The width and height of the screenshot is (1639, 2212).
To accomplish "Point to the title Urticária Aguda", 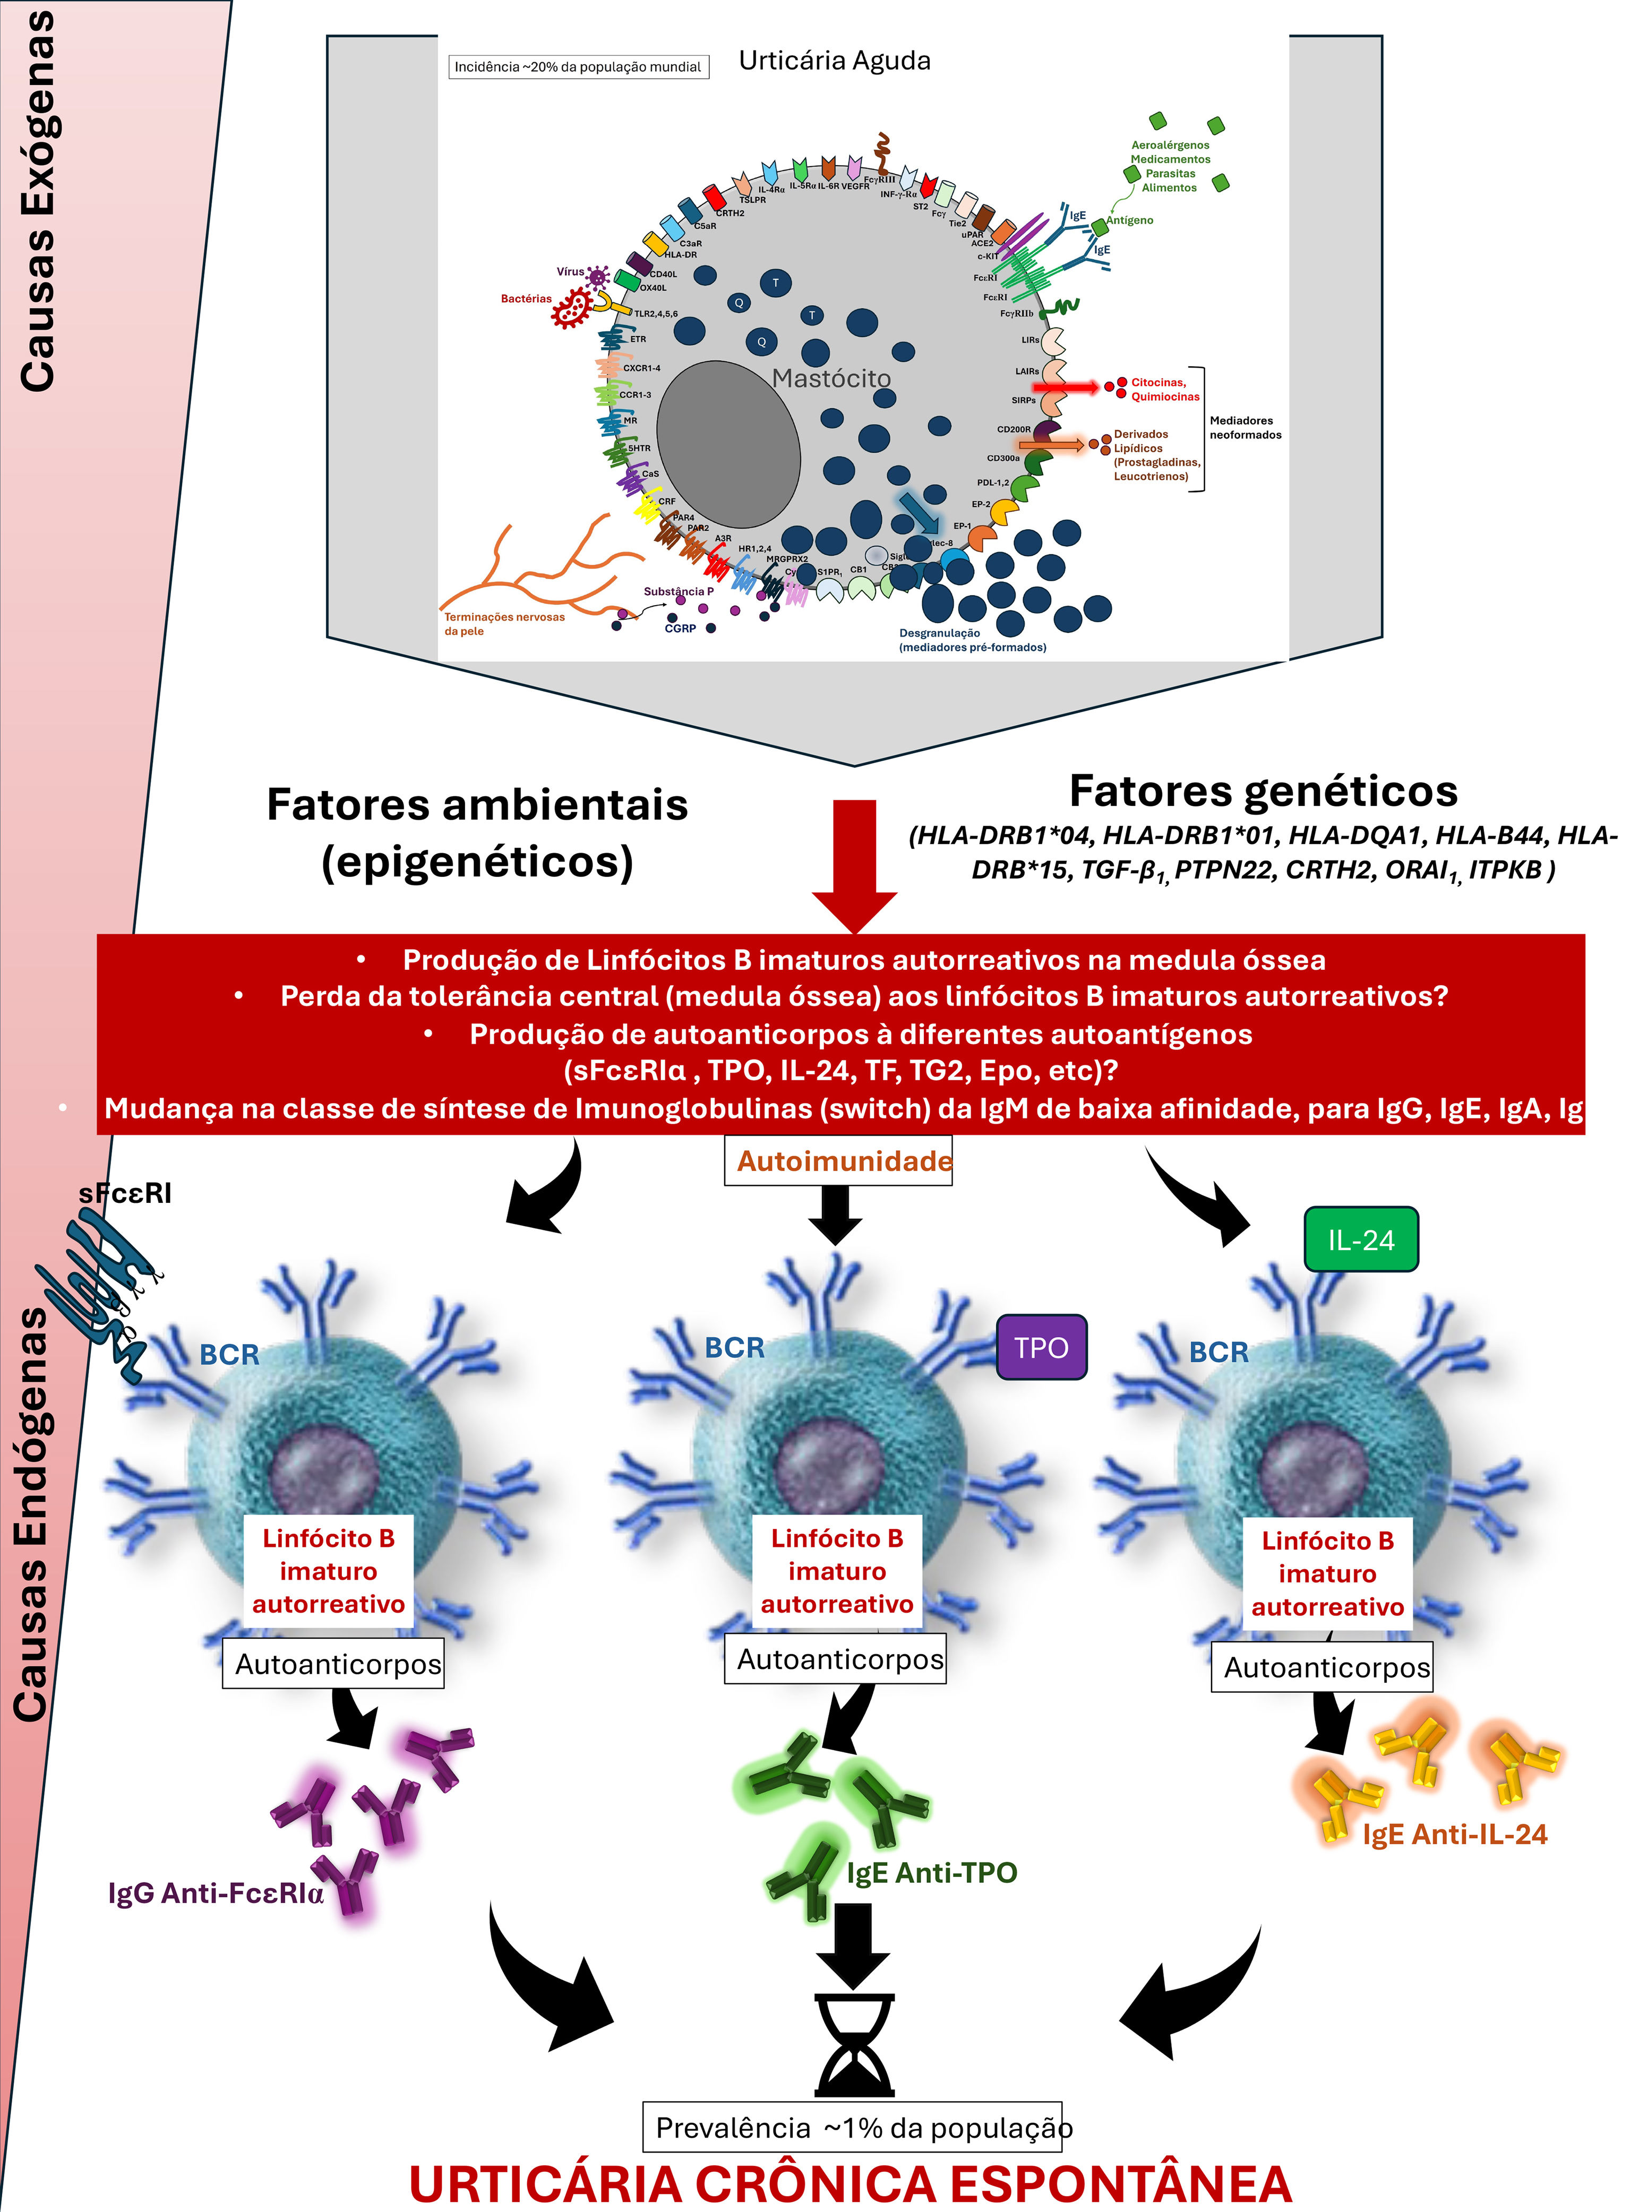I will point(835,62).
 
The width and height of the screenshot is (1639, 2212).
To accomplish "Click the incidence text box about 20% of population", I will point(578,67).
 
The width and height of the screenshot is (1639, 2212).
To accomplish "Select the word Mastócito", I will point(831,378).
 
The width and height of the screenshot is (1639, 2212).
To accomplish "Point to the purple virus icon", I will point(597,276).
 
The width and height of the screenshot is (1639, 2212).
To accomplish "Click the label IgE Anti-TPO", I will point(932,1873).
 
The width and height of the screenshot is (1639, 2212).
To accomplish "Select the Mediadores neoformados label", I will point(1245,427).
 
